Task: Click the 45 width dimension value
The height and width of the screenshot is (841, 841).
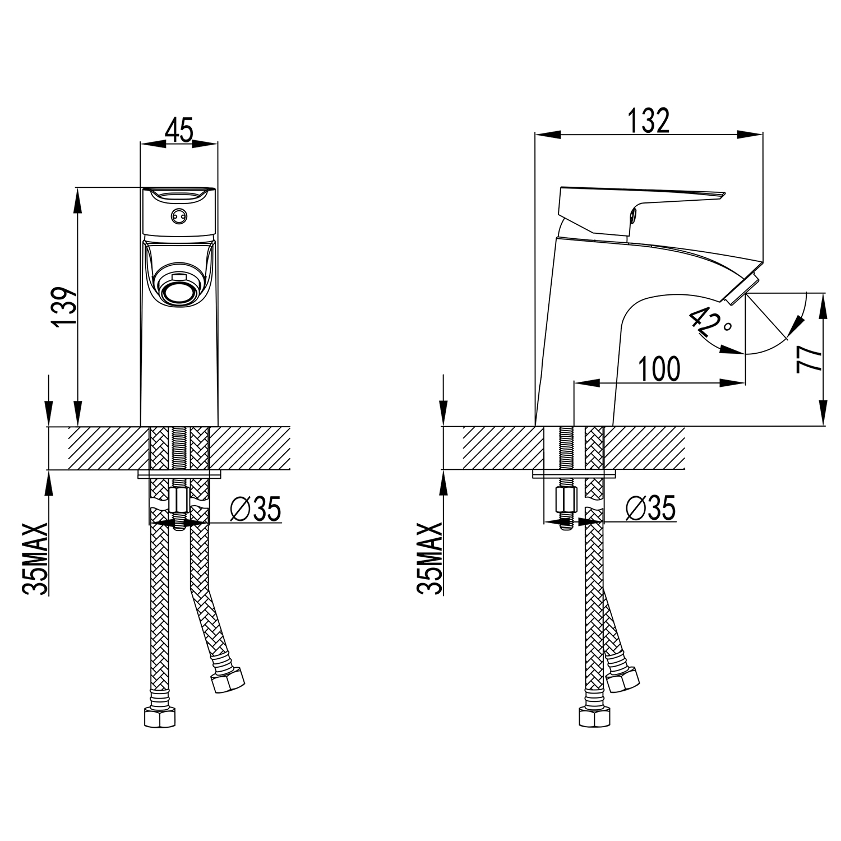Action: pyautogui.click(x=179, y=130)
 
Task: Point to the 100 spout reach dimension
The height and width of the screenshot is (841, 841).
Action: pyautogui.click(x=659, y=368)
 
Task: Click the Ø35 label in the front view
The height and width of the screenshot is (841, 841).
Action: pyautogui.click(x=255, y=509)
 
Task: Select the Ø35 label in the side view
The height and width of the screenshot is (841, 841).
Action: pyautogui.click(x=650, y=509)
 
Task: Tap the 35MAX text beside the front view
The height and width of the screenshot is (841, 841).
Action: pyautogui.click(x=35, y=558)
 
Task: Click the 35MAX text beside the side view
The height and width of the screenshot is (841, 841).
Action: pyautogui.click(x=429, y=558)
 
